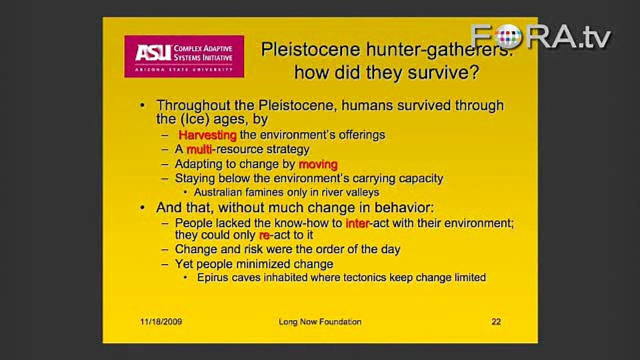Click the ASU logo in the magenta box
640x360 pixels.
(x=184, y=56)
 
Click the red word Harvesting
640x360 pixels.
(x=207, y=135)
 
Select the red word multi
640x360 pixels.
(x=199, y=149)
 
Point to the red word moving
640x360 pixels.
(x=318, y=164)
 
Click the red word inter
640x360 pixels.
(x=357, y=223)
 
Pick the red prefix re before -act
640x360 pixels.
(x=264, y=235)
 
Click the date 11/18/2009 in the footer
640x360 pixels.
(x=161, y=322)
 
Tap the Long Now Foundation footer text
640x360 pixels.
(x=320, y=322)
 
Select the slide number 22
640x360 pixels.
(x=496, y=322)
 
